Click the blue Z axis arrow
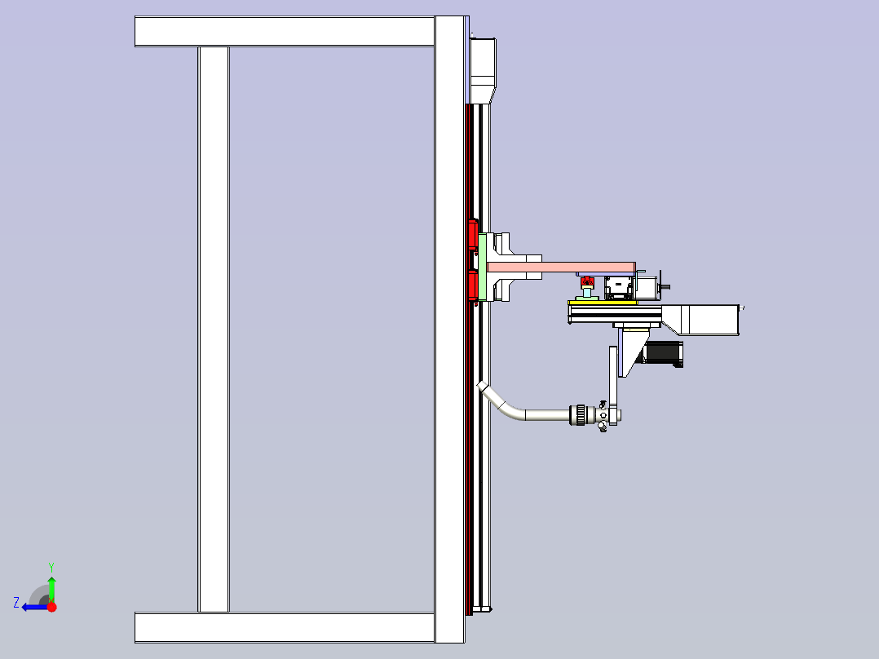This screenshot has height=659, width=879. (35, 607)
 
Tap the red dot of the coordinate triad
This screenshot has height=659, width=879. (51, 607)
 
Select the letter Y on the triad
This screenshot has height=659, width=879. (51, 567)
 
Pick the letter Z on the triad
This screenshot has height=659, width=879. (16, 603)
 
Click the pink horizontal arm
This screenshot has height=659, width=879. (561, 267)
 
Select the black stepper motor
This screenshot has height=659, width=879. (663, 353)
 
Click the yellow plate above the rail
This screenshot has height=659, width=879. (603, 303)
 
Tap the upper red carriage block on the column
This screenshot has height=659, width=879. (472, 234)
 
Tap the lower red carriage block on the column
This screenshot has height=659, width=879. (472, 285)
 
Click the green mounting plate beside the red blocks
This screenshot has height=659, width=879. (482, 267)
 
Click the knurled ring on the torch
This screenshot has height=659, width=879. (577, 415)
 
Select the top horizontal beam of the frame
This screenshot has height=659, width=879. (285, 32)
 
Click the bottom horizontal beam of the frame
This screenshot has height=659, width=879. (285, 627)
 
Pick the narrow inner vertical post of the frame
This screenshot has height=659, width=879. (214, 329)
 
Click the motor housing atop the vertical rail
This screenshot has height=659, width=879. (483, 70)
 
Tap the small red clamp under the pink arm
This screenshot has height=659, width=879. (587, 281)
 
